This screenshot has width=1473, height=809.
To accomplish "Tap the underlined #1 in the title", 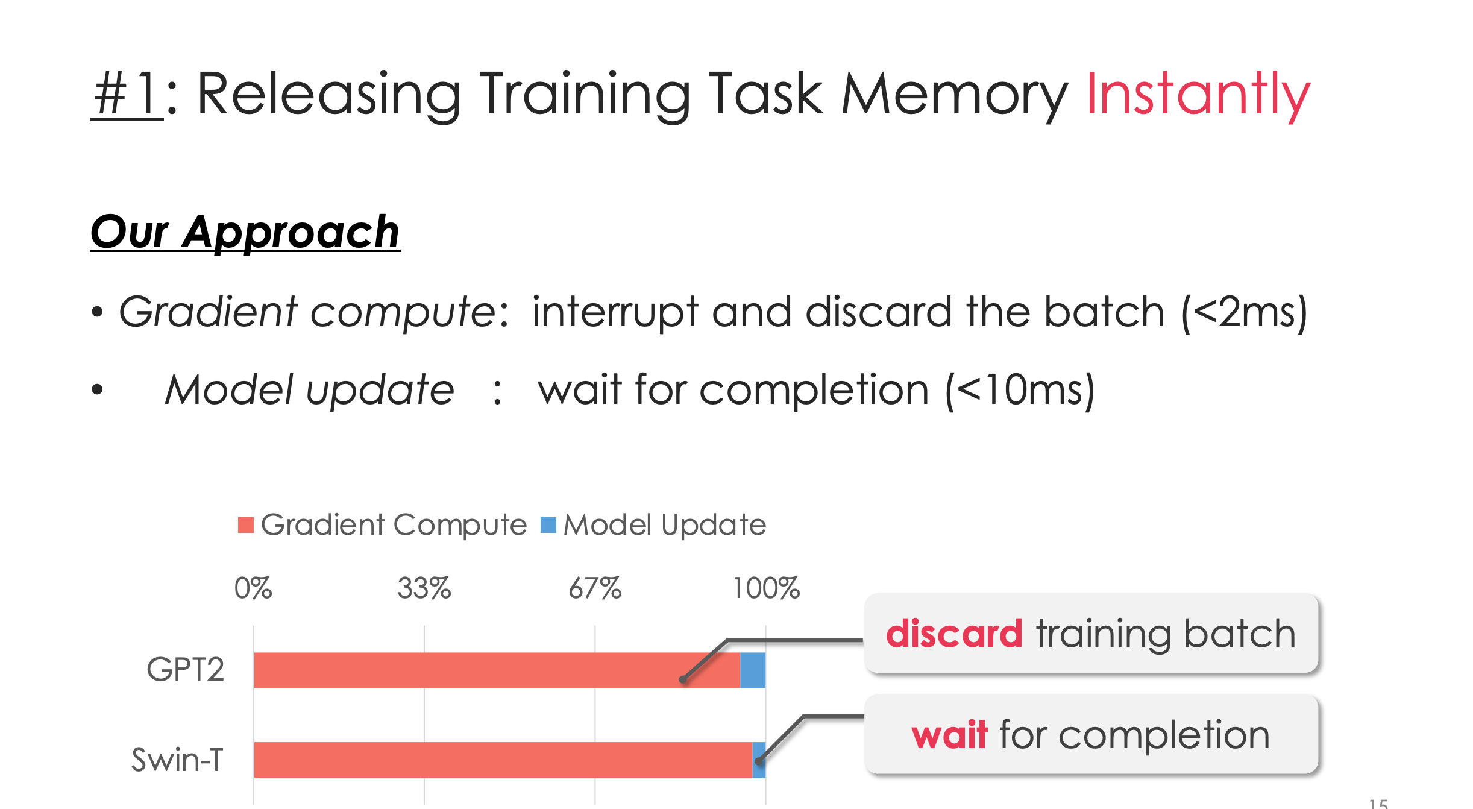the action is tap(127, 93).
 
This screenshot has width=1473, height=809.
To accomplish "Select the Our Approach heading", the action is tap(245, 232).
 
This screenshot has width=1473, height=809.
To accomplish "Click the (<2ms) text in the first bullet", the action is tap(1245, 312).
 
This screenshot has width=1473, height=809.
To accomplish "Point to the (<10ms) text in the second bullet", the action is tap(1020, 391).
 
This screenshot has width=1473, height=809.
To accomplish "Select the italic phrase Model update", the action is tap(309, 390).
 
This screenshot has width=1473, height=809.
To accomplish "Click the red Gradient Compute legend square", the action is tap(246, 525).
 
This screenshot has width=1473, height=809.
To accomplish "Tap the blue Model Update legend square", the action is tap(548, 525).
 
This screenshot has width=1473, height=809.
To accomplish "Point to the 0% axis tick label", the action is tap(253, 588).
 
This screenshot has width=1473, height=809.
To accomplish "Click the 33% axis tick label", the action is tap(424, 588).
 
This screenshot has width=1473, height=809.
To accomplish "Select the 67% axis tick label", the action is tap(595, 588).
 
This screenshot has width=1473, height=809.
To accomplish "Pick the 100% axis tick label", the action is tap(766, 588).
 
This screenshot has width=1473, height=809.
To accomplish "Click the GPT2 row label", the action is tap(186, 670).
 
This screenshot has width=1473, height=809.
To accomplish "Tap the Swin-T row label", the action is tap(178, 760).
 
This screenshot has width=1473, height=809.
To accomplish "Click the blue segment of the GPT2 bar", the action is tap(753, 670).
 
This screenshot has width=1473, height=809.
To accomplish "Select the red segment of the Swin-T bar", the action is tap(503, 760).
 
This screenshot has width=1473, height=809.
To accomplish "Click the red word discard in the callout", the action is tap(954, 634).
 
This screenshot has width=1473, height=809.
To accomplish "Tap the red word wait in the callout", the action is tap(949, 735).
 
